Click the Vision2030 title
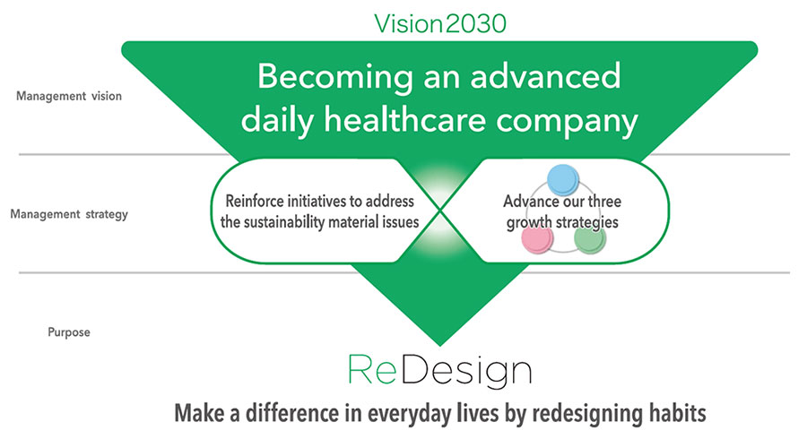coord(440,23)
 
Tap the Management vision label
coord(69,96)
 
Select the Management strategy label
coord(69,214)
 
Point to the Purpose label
coord(69,332)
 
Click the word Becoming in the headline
coord(335,77)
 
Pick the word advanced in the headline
coord(545,76)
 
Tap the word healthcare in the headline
coord(405,120)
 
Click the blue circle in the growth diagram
coord(563,180)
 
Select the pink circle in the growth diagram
coord(538,238)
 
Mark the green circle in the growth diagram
coord(590,238)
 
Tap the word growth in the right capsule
coord(530,222)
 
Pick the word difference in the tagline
coord(301,413)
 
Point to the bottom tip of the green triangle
coord(440,346)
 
